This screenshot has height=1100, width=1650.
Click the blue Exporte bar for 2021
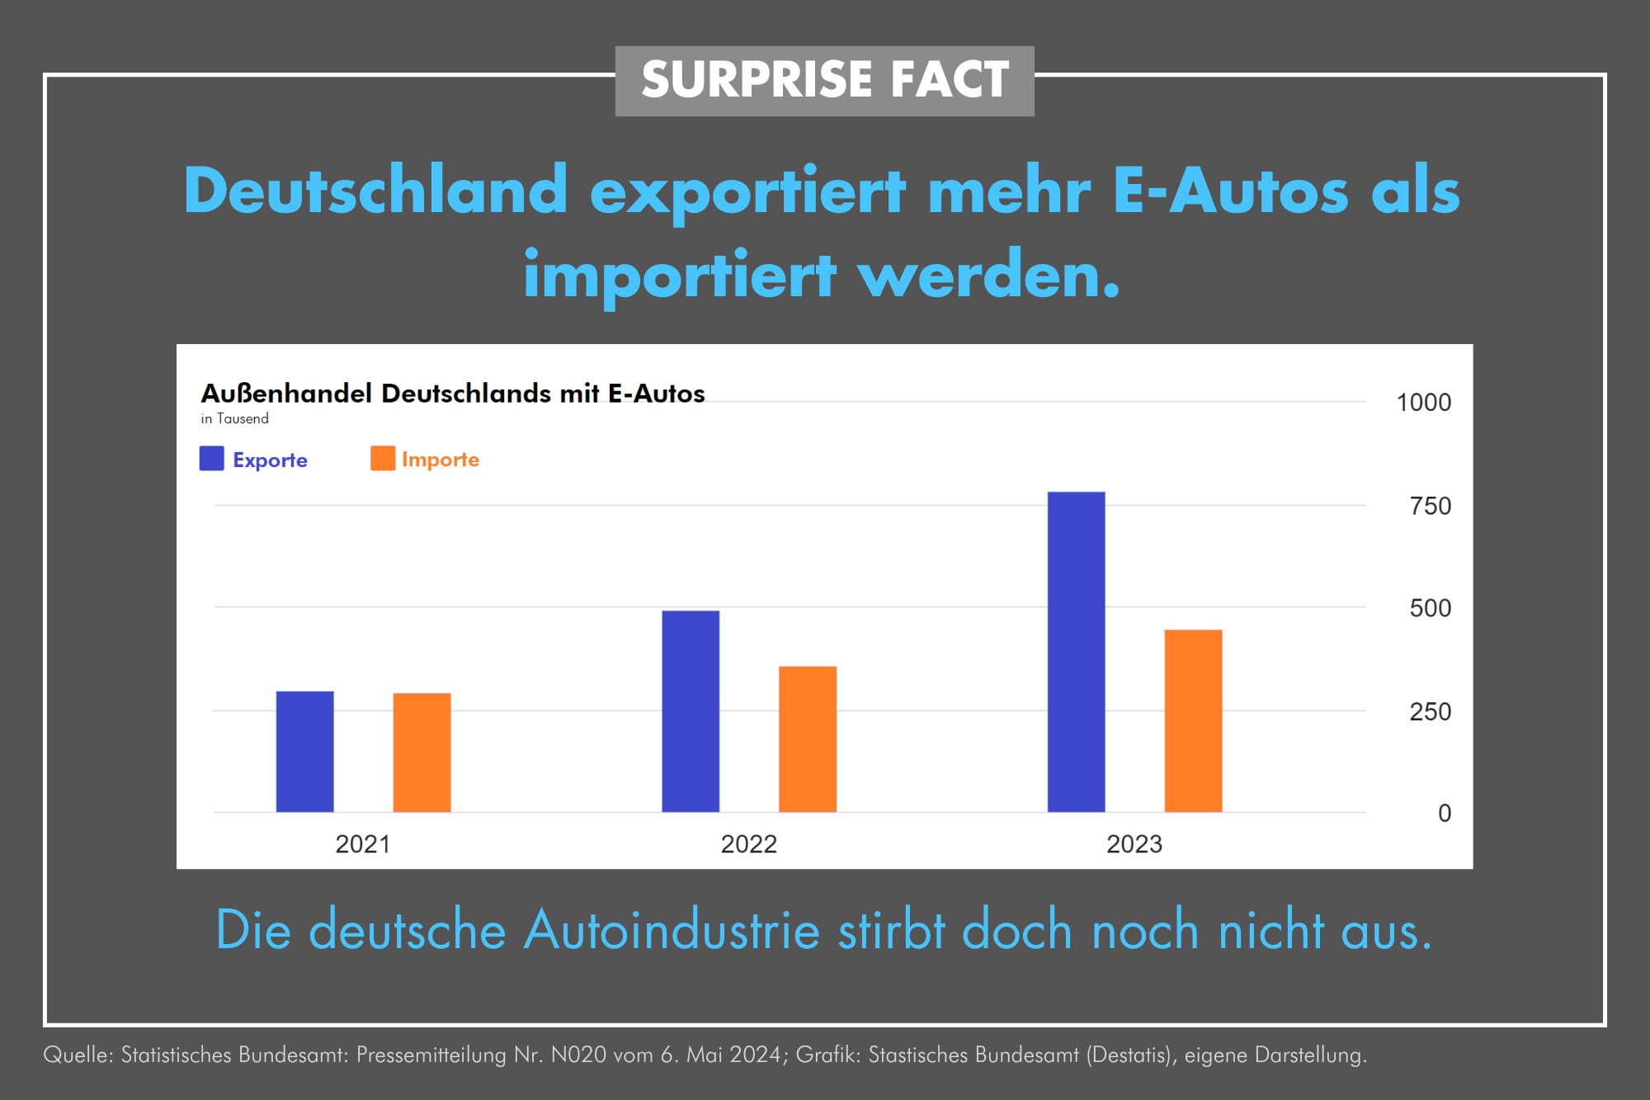pos(304,751)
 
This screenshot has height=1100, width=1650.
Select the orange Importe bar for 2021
pos(422,752)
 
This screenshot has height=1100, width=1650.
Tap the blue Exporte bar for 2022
pos(691,711)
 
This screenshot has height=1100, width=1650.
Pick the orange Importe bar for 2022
pos(808,739)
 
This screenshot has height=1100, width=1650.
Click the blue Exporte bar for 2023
pos(1076,651)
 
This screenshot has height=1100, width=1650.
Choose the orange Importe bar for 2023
pos(1193,720)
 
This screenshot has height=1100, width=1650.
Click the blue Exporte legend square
pos(212,459)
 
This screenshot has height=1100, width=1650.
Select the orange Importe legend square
pos(383,459)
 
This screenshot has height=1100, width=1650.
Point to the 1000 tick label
pos(1423,403)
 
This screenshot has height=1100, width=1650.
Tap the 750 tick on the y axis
pos(1430,506)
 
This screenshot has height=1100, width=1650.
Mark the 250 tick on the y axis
pos(1430,711)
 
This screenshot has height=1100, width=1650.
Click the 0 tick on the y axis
pos(1445,813)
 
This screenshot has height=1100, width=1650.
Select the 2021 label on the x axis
pos(362,844)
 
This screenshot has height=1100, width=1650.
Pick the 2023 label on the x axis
pos(1134,844)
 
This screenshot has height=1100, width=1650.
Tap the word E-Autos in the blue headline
pos(1230,191)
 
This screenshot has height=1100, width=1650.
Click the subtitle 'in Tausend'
pos(234,418)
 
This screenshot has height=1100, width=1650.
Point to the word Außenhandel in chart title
pos(286,393)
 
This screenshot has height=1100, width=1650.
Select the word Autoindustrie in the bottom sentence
pos(672,930)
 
